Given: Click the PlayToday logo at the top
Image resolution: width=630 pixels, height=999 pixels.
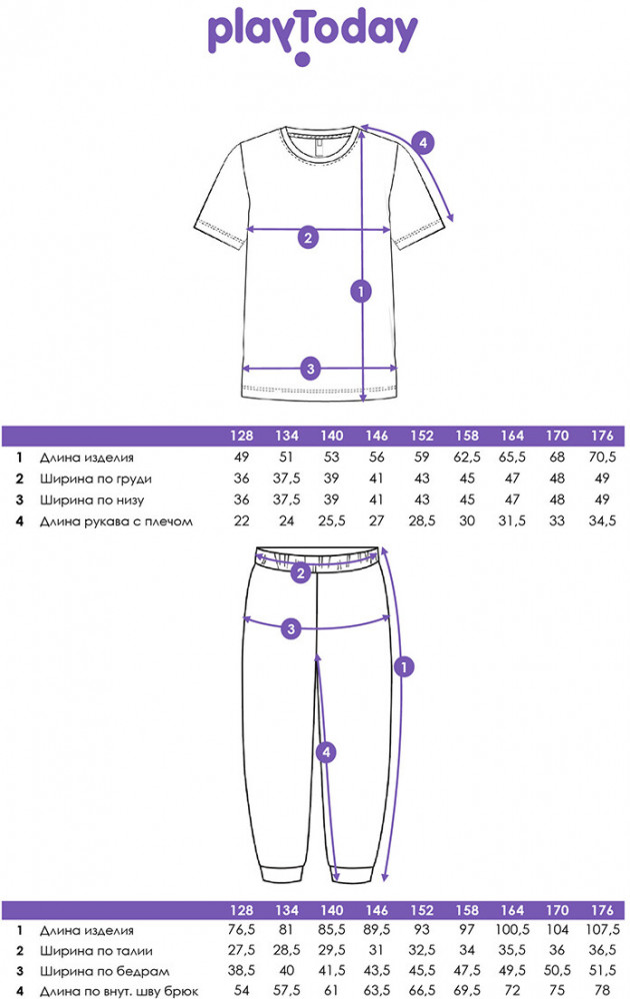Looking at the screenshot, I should point(312,35).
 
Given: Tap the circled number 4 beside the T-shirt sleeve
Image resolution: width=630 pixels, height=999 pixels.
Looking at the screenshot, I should point(423,143).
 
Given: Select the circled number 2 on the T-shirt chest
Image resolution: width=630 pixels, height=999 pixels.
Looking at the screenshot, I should point(308,238).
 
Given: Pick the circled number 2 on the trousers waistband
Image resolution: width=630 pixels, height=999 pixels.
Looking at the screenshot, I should point(300,573).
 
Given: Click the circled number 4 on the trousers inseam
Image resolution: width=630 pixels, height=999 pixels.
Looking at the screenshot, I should point(324,751).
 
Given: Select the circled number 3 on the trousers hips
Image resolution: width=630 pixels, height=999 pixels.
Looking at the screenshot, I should point(290,628).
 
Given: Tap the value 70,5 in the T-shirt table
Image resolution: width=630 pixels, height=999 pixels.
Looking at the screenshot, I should point(602,458).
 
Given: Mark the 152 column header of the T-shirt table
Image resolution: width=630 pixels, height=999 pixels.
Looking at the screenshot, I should point(421,437).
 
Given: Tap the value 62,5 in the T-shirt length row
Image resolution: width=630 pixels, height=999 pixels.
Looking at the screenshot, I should point(465,458).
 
